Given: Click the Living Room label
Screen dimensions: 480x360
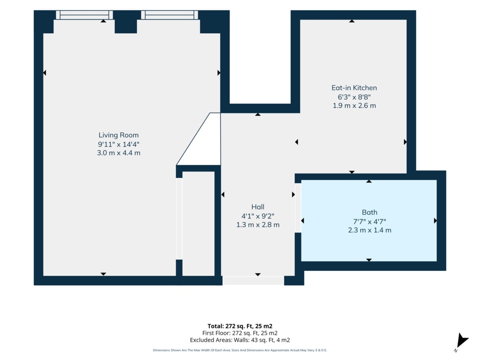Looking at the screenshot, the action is click(x=119, y=135).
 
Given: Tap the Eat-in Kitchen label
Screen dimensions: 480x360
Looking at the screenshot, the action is click(x=354, y=88).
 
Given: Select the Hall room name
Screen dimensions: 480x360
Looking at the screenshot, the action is click(x=258, y=207).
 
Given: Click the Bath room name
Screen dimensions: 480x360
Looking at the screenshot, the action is click(x=369, y=212).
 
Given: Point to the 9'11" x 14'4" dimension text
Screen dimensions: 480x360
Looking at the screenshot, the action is click(x=119, y=144).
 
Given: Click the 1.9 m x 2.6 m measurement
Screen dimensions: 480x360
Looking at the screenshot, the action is click(x=354, y=105).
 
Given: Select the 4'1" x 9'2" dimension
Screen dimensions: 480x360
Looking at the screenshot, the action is click(x=258, y=216).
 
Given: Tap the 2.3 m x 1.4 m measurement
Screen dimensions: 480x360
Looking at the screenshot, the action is click(x=369, y=230).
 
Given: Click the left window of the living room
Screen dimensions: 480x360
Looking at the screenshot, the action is click(x=84, y=15).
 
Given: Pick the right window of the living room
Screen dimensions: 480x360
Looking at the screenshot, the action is click(x=170, y=15).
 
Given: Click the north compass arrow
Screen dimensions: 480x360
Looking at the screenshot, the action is click(x=463, y=341).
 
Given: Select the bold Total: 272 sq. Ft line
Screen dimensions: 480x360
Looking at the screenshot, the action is click(x=240, y=326).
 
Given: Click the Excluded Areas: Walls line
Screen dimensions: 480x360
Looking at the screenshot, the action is click(x=240, y=340).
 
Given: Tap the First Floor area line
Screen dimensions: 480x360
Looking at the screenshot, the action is click(x=240, y=333).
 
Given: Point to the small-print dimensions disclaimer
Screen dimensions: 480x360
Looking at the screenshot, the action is click(x=240, y=350).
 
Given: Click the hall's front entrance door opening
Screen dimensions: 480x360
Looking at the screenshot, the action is click(x=253, y=281).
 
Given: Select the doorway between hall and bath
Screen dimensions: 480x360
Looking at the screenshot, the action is click(x=298, y=208).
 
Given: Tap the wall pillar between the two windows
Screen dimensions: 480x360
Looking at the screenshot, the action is click(x=126, y=22).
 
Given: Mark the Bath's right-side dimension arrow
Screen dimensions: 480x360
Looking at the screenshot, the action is click(x=435, y=221).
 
